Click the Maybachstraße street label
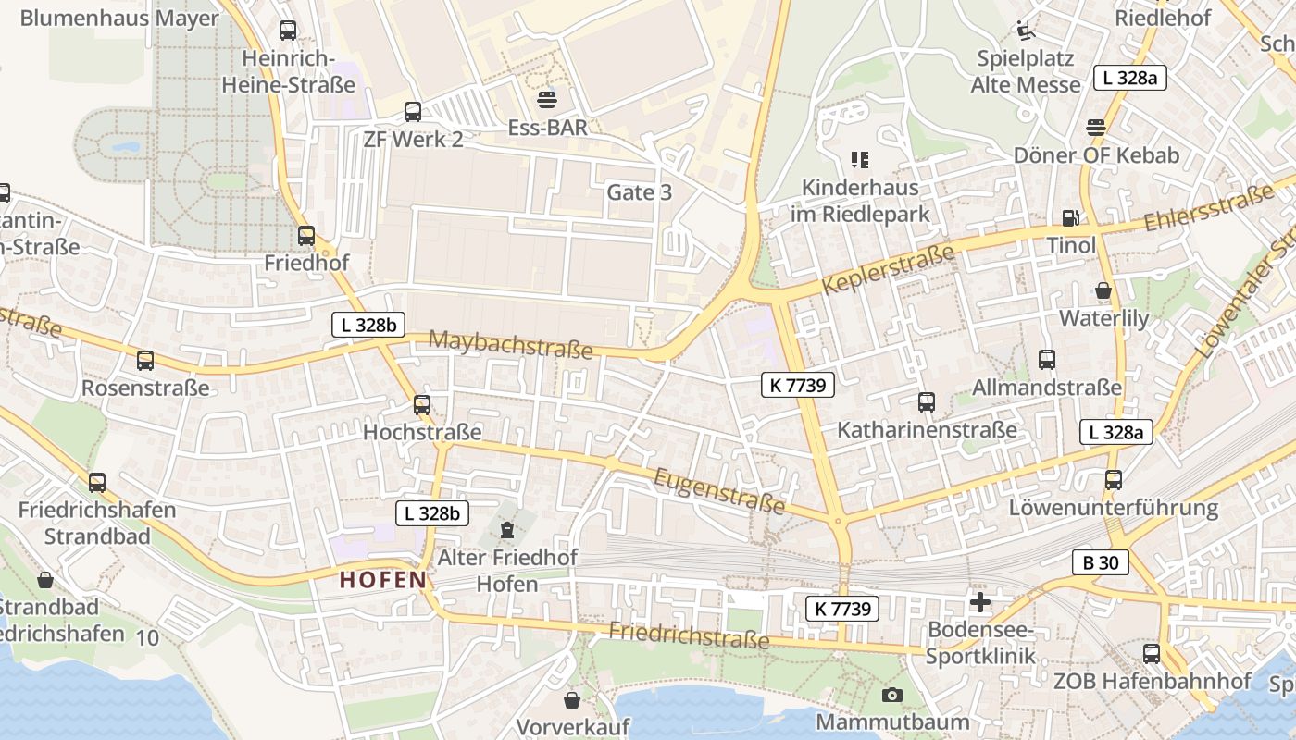click(x=510, y=344)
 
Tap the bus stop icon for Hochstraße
click(x=422, y=405)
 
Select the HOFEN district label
click(x=383, y=580)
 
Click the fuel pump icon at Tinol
click(x=1071, y=218)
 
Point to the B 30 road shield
click(x=1101, y=561)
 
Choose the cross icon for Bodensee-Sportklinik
click(x=979, y=603)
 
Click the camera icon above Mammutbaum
click(x=892, y=695)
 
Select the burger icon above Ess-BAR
click(x=547, y=99)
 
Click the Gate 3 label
click(x=639, y=192)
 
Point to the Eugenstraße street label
click(x=720, y=492)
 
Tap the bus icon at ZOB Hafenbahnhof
click(x=1152, y=654)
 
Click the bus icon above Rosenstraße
click(x=145, y=361)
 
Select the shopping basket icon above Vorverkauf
click(x=572, y=699)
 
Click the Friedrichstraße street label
click(x=689, y=635)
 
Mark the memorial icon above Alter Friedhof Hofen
click(x=506, y=530)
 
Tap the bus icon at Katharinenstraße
click(x=927, y=402)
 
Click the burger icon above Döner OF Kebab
click(x=1096, y=128)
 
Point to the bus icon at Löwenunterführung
click(x=1113, y=480)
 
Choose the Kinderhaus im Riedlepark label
click(x=859, y=201)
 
